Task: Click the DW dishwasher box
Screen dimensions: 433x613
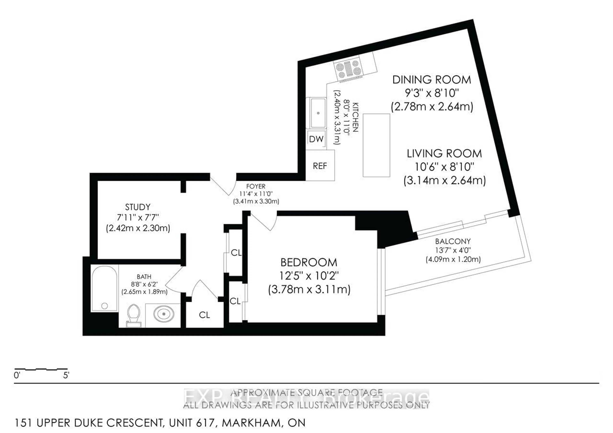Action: click(316, 139)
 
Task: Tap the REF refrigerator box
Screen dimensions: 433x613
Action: click(320, 166)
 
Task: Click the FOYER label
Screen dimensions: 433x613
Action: click(256, 186)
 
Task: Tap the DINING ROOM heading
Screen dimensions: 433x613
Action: click(431, 80)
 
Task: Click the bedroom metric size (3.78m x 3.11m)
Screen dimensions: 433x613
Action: click(309, 289)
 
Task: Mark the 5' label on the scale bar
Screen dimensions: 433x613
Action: click(66, 375)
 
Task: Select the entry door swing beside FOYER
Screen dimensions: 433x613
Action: click(223, 185)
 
